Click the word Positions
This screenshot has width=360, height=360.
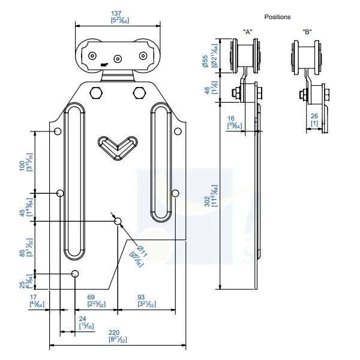click(277, 17)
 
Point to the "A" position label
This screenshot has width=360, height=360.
click(247, 31)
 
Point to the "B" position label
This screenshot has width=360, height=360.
click(307, 31)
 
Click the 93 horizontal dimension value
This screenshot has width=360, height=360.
click(141, 298)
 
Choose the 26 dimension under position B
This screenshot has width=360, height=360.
click(314, 117)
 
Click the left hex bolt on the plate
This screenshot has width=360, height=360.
click(95, 93)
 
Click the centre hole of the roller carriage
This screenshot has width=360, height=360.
click(118, 58)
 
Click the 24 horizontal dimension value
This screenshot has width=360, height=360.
click(83, 319)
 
